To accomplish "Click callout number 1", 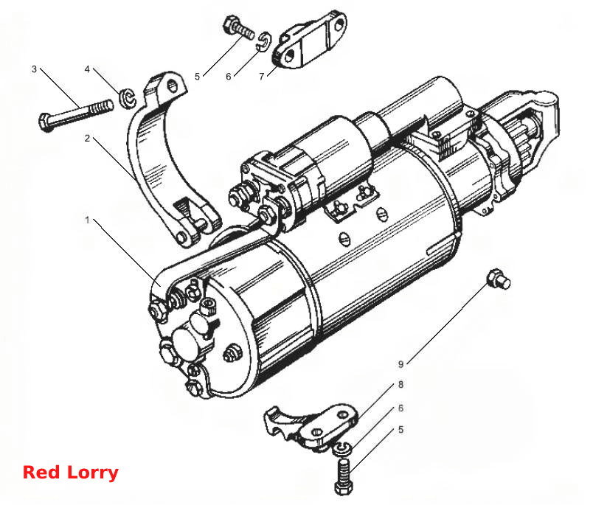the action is [x=87, y=220].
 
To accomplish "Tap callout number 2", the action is [x=87, y=139].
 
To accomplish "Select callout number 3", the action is [x=35, y=69].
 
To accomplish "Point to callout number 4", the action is [x=87, y=69].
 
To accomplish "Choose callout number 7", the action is [x=261, y=77].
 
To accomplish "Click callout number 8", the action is [x=401, y=384].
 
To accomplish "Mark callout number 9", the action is [x=401, y=364].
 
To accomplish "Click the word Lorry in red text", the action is [x=93, y=473].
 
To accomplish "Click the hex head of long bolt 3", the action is [x=46, y=122].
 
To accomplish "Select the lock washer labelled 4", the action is [x=127, y=98].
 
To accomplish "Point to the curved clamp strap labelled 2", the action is [x=151, y=151].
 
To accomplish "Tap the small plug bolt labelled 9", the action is [x=499, y=279].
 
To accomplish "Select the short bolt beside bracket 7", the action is [x=239, y=27].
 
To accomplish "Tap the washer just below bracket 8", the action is [x=342, y=449].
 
